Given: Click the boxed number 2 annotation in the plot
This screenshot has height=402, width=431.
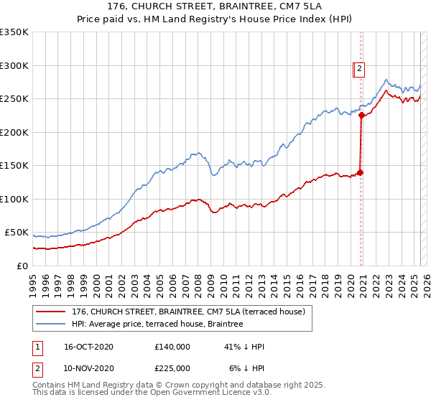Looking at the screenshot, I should pos(359,69).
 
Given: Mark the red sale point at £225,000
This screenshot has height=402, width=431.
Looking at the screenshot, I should pos(361,116).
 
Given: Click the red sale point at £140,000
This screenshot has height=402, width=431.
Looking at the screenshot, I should pos(361,172).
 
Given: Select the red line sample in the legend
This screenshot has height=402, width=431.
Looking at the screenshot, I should pos(50,312).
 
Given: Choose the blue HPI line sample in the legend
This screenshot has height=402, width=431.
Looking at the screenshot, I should pos(50,324).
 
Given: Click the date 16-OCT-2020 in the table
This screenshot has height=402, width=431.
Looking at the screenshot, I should pos(88,347).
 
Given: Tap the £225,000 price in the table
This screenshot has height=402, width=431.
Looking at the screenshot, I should pos(172,368).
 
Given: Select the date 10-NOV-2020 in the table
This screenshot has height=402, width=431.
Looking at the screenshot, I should pos(88,368).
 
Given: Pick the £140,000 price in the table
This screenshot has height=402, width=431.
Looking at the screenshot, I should pos(172,347).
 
